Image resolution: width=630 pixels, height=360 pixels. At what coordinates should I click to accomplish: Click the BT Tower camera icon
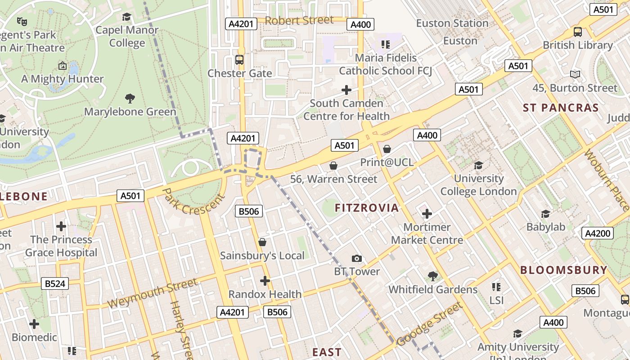pos(357,258)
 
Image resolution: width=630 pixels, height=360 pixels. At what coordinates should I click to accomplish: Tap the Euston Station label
pos(452,23)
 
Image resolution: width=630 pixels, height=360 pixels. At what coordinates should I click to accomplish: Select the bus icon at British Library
pos(578,32)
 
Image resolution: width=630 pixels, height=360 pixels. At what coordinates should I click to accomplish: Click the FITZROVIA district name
pos(367,208)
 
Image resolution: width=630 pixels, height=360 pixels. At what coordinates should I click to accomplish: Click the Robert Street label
pos(299,20)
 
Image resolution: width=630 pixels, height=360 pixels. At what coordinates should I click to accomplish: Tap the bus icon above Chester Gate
pos(239,60)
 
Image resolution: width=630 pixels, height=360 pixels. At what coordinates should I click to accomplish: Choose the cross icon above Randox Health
pos(265,281)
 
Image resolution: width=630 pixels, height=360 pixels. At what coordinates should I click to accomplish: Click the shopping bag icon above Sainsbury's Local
pos(262,243)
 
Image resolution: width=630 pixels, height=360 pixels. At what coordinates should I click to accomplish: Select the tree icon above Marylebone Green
pos(130,98)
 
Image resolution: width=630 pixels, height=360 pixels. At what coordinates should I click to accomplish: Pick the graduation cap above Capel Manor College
pos(127,17)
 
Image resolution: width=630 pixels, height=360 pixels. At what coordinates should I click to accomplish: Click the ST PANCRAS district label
pos(561,108)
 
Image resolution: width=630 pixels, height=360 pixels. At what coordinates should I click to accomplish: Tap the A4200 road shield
pos(598,233)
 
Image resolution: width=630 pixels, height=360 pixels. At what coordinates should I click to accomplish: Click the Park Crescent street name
pos(193,202)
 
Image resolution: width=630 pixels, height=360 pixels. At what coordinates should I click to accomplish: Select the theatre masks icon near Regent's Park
pos(22,21)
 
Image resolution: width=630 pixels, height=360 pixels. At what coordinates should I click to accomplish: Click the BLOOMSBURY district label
pos(564,270)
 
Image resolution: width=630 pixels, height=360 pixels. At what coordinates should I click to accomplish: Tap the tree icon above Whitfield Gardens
pos(433,276)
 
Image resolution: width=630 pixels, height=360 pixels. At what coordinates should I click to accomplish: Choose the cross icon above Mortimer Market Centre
pos(427,214)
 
